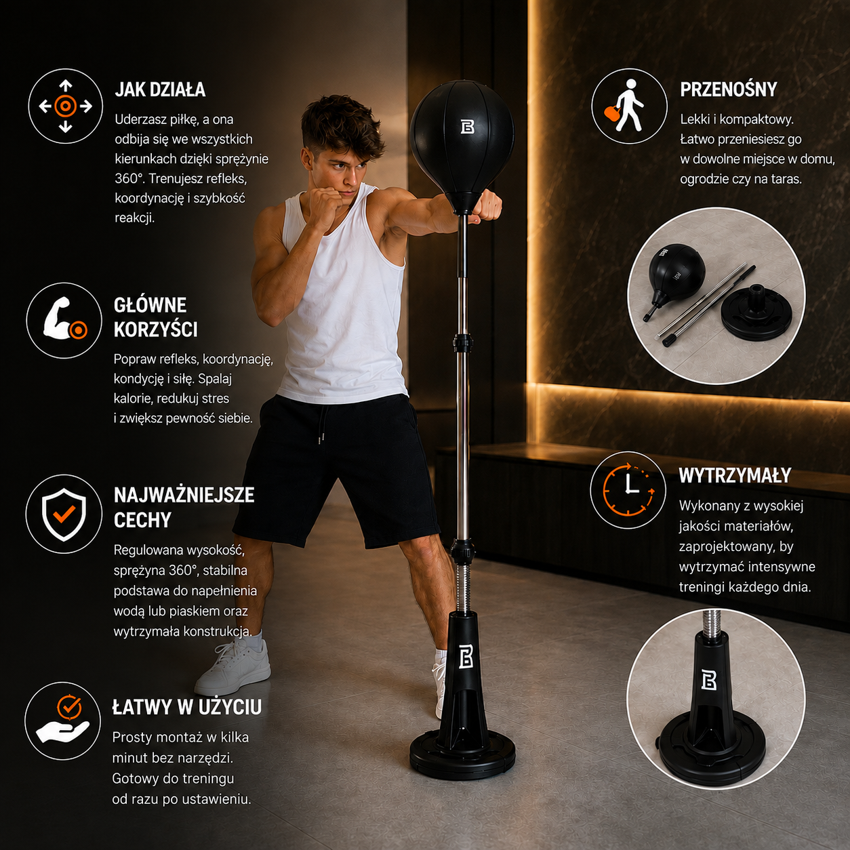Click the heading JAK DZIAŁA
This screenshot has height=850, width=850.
click(160, 89)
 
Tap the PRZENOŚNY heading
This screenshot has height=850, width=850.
click(728, 89)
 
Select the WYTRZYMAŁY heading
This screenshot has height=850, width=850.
click(735, 476)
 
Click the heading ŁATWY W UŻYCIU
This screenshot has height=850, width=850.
click(187, 707)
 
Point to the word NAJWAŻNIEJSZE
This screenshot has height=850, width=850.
click(184, 495)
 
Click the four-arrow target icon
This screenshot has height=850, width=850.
click(65, 106)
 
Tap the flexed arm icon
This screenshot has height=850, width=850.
click(64, 319)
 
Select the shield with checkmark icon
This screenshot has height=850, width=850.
click(64, 514)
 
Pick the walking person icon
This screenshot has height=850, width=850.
click(628, 106)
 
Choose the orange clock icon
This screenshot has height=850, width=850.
click(628, 489)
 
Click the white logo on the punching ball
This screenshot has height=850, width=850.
click(467, 126)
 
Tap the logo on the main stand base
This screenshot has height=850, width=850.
click(466, 657)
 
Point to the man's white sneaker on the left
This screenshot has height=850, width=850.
click(235, 668)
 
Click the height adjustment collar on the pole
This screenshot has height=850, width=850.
click(462, 342)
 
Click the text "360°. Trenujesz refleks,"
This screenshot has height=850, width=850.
click(181, 179)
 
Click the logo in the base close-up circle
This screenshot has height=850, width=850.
click(708, 680)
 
